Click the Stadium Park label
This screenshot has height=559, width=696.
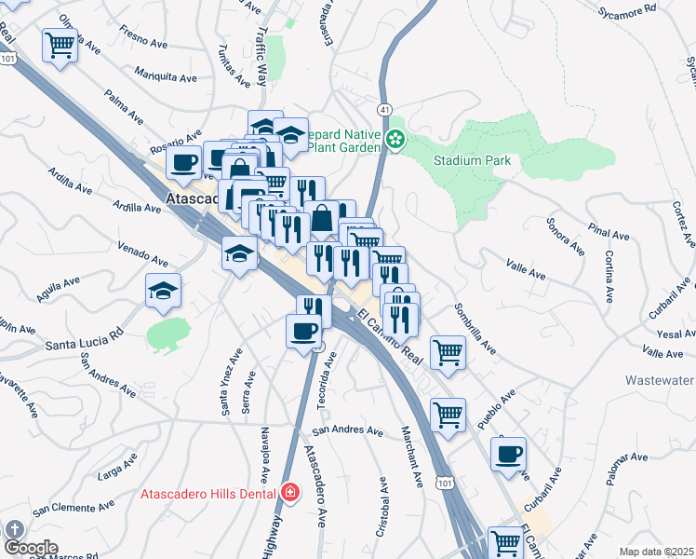coord(472,160)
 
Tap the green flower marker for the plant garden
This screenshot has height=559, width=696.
coord(395,141)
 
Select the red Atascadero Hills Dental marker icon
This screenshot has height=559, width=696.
coord(289,492)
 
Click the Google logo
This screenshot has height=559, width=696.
coord(31,548)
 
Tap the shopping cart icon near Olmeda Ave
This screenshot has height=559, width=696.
coord(60,43)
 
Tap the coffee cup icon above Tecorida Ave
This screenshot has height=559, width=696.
coord(303,330)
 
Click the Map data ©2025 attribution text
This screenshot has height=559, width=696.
coord(656,552)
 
